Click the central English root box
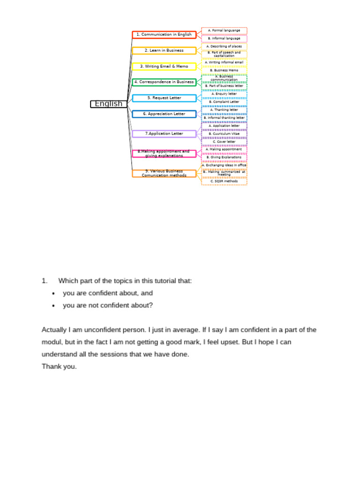tap(109, 104)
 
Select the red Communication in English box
tap(164, 35)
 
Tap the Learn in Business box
tap(164, 51)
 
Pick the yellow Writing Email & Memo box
tap(164, 67)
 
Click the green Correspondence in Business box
tap(164, 82)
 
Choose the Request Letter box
tap(164, 98)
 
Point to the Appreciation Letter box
tap(164, 114)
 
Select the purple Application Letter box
tap(164, 134)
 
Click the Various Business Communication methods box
tap(164, 173)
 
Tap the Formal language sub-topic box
tap(224, 31)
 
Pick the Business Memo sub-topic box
tap(224, 70)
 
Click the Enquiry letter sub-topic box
tap(224, 94)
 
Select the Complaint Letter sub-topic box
tap(224, 102)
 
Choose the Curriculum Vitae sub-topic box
tap(224, 134)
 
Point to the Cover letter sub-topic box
tap(224, 142)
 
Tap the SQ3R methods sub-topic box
tap(224, 181)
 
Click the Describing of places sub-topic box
tap(224, 47)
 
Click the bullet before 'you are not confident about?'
tap(53, 306)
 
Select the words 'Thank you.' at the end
tap(59, 367)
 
